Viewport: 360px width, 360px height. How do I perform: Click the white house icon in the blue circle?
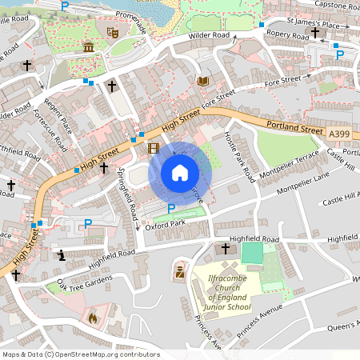[x=180, y=172]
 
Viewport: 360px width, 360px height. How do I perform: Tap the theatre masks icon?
[x=113, y=33]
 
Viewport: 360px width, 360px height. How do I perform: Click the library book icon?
[x=202, y=81]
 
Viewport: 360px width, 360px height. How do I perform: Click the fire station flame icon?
[x=93, y=318]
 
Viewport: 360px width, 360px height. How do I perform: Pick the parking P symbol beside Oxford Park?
[x=170, y=209]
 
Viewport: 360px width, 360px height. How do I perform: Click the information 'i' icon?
[x=62, y=255]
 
